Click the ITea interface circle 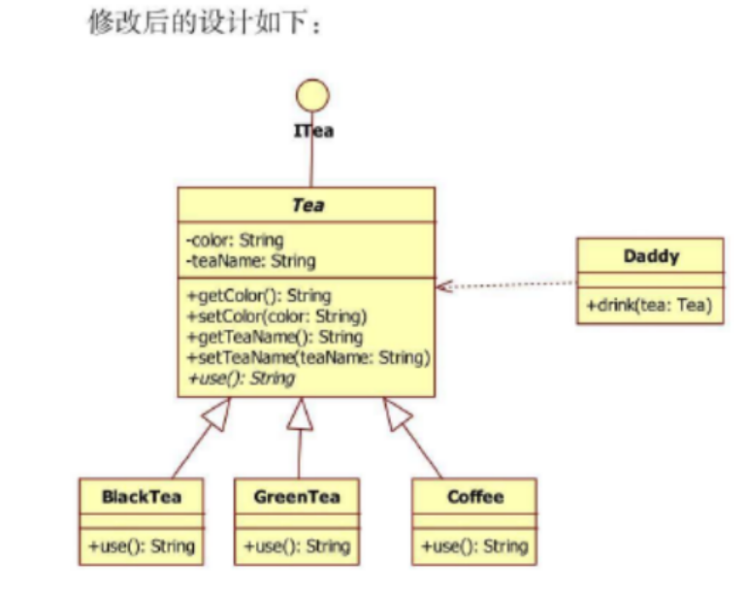tap(312, 95)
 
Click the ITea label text tap(314, 130)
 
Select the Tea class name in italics tap(308, 205)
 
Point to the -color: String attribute tap(234, 240)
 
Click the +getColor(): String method tap(258, 295)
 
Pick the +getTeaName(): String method tap(274, 337)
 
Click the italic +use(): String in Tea tap(240, 378)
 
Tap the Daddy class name tap(651, 256)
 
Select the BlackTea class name tap(142, 496)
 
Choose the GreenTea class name tap(297, 496)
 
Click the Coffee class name tap(475, 496)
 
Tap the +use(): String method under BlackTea tap(142, 546)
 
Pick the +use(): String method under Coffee tap(474, 546)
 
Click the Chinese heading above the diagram tap(205, 23)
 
